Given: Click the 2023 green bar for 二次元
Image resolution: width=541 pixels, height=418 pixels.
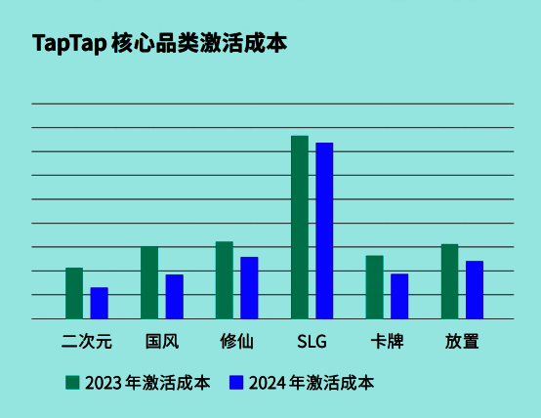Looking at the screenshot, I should tap(74, 293).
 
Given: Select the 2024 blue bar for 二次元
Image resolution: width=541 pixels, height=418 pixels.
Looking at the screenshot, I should tap(99, 303).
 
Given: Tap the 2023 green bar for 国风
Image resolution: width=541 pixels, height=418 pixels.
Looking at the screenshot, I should tap(149, 282).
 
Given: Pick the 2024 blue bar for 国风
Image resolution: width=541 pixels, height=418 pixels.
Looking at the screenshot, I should tap(174, 296).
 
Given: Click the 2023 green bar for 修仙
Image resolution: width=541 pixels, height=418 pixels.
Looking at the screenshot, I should tap(225, 279).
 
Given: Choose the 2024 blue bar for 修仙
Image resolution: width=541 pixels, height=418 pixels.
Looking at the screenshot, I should tap(249, 287).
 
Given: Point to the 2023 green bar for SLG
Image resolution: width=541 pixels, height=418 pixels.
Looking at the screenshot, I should tap(300, 227).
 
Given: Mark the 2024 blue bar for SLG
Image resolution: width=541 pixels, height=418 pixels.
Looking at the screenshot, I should tap(324, 230).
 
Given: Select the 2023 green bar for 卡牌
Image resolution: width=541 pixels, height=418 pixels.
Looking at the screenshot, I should tap(375, 287).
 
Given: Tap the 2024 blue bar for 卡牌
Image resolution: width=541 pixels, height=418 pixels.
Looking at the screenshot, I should tap(399, 296).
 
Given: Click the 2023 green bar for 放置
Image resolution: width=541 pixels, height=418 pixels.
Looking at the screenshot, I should tap(449, 281).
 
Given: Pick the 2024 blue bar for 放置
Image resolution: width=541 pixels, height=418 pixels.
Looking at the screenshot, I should tap(475, 289).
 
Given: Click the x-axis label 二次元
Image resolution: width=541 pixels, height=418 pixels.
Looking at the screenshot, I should tap(87, 342).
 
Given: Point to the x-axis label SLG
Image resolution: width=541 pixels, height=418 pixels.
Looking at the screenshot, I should tap(312, 342).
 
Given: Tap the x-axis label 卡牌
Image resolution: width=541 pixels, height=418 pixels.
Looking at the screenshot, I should tap(387, 342).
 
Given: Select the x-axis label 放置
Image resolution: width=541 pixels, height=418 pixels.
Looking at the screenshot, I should tap(462, 342).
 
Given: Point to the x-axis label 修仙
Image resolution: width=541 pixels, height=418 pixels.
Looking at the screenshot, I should tap(236, 342).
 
